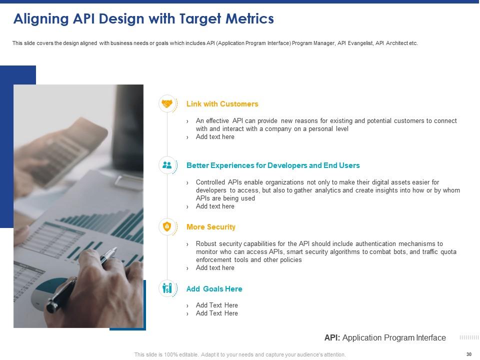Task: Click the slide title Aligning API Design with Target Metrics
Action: (x=143, y=19)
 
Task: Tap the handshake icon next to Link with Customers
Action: (x=167, y=103)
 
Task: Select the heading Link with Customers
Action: (x=222, y=104)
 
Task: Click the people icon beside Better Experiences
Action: (x=167, y=165)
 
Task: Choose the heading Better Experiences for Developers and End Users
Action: (x=272, y=165)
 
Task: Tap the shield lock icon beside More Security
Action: (x=167, y=227)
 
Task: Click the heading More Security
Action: (x=210, y=227)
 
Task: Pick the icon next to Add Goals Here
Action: (x=167, y=288)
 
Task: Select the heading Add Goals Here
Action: (x=214, y=289)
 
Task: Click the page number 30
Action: (x=468, y=354)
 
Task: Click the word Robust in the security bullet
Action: (x=206, y=244)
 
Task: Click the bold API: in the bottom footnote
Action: (x=332, y=338)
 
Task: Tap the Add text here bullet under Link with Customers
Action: (x=215, y=137)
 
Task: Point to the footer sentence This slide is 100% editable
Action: (x=240, y=354)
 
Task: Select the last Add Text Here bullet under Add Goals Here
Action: (x=216, y=313)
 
